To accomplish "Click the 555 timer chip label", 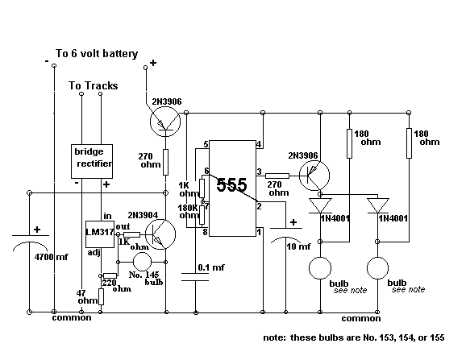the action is tap(231, 184).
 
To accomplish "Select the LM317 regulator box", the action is tap(100, 234).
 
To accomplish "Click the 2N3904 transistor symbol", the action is tap(160, 234).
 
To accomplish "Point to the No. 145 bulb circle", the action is tap(142, 262).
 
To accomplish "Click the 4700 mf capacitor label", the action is tap(51, 257).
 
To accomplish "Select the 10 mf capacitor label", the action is tap(298, 246).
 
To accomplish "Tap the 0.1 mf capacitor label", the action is tap(211, 267).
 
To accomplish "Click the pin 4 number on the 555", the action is tap(259, 144).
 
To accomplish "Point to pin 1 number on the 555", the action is tap(259, 232).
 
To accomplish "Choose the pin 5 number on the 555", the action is tap(206, 144).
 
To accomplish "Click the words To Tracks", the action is tap(94, 85).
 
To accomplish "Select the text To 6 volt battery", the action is tap(97, 54).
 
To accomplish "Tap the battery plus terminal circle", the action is tap(145, 68).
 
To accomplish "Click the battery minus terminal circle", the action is tap(54, 65).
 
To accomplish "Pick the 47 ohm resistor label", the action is tap(87, 297).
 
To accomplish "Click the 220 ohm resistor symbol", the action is tap(110, 275).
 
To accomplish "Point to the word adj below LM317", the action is tap(94, 253).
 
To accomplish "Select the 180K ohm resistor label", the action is tap(188, 211).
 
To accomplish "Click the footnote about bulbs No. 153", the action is tap(354, 337).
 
